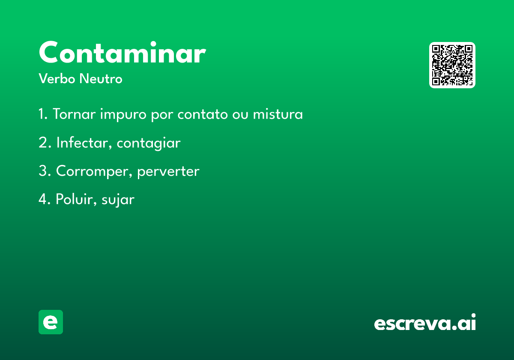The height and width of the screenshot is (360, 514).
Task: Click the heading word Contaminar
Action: [x=123, y=52]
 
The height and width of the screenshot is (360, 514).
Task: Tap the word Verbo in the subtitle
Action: [x=57, y=78]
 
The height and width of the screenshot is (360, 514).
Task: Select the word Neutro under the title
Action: [x=101, y=78]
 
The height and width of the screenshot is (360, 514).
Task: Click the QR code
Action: [x=452, y=65]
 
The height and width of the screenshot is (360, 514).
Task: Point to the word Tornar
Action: [x=74, y=114]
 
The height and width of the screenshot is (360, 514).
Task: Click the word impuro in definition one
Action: [x=123, y=114]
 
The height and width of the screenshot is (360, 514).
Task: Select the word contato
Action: [x=203, y=114]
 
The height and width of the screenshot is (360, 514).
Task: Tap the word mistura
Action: [x=278, y=114]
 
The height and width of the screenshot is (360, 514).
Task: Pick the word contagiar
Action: [x=149, y=143]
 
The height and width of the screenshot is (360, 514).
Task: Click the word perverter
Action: [x=168, y=172]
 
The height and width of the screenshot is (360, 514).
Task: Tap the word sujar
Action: [x=118, y=200]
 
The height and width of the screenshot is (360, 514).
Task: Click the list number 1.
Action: [x=43, y=114]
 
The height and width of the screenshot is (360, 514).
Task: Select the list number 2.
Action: [x=45, y=142]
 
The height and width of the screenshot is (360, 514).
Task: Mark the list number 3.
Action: [x=45, y=171]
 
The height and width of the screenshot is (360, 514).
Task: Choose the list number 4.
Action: [x=45, y=199]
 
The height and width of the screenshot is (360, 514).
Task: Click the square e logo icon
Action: [x=51, y=322]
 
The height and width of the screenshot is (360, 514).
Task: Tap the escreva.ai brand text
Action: [x=425, y=322]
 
